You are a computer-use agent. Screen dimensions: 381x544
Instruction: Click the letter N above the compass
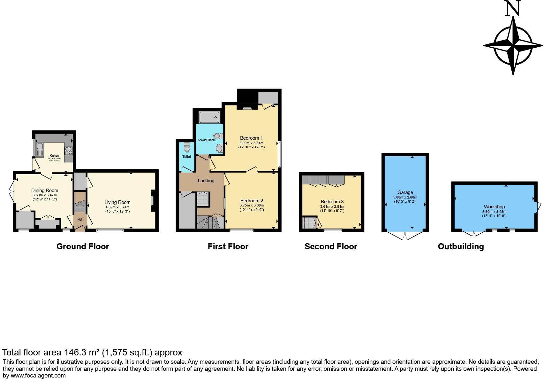[513, 9]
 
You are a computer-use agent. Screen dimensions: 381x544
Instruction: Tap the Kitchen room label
[54, 156]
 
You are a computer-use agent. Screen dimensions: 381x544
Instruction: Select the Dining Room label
[45, 190]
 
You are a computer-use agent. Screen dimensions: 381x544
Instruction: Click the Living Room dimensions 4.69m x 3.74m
[117, 207]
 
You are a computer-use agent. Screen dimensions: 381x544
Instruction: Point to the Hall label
[80, 220]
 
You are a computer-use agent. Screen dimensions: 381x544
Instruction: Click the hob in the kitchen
[69, 150]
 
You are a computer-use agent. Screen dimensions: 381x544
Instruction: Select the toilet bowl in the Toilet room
[187, 148]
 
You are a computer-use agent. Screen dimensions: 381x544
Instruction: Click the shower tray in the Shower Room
[209, 117]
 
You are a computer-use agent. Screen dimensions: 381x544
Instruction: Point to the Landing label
[206, 181]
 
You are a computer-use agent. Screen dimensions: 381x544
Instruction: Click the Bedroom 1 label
[251, 138]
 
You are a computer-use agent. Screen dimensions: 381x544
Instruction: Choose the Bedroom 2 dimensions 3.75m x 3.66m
[252, 206]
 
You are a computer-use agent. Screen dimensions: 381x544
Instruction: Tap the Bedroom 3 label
[332, 202]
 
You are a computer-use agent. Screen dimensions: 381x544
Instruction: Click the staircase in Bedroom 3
[309, 222]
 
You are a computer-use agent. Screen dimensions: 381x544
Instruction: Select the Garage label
[405, 192]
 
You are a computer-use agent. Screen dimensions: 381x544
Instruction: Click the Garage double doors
[405, 236]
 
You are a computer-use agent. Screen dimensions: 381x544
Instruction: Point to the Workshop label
[494, 207]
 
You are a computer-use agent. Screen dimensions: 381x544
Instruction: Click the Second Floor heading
[331, 246]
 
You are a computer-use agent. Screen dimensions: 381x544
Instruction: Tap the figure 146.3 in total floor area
[75, 353]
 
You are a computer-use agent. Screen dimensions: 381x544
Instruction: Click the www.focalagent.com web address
[38, 376]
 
